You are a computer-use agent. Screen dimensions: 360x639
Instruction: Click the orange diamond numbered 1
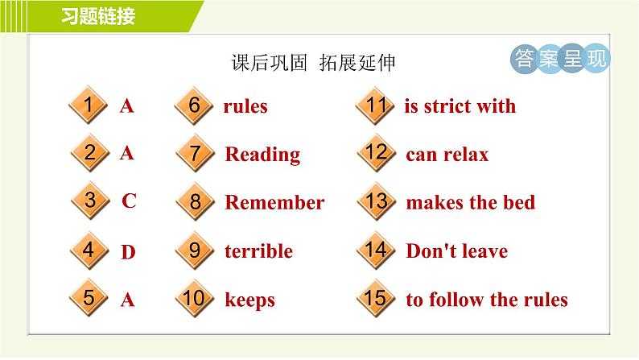(x=89, y=106)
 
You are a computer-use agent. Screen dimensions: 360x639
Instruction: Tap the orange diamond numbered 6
(x=194, y=106)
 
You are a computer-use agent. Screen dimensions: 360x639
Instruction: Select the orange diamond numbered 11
(x=375, y=106)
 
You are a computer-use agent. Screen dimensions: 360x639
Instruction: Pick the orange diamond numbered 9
(x=194, y=250)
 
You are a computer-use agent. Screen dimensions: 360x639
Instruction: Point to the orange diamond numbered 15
(x=375, y=299)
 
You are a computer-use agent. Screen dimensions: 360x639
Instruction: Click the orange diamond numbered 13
(x=375, y=201)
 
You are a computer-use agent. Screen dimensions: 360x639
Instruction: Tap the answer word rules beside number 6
(x=245, y=106)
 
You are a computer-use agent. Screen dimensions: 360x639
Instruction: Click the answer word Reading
(x=262, y=155)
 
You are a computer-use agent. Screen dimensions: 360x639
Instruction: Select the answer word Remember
(x=274, y=203)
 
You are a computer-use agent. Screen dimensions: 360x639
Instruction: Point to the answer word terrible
(x=258, y=251)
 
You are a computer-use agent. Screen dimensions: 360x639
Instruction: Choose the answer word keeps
(x=249, y=300)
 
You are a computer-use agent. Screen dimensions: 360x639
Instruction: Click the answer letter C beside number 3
(x=129, y=201)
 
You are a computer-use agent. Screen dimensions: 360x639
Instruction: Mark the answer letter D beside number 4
(x=128, y=253)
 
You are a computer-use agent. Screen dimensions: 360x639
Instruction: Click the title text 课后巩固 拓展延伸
(x=312, y=63)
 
